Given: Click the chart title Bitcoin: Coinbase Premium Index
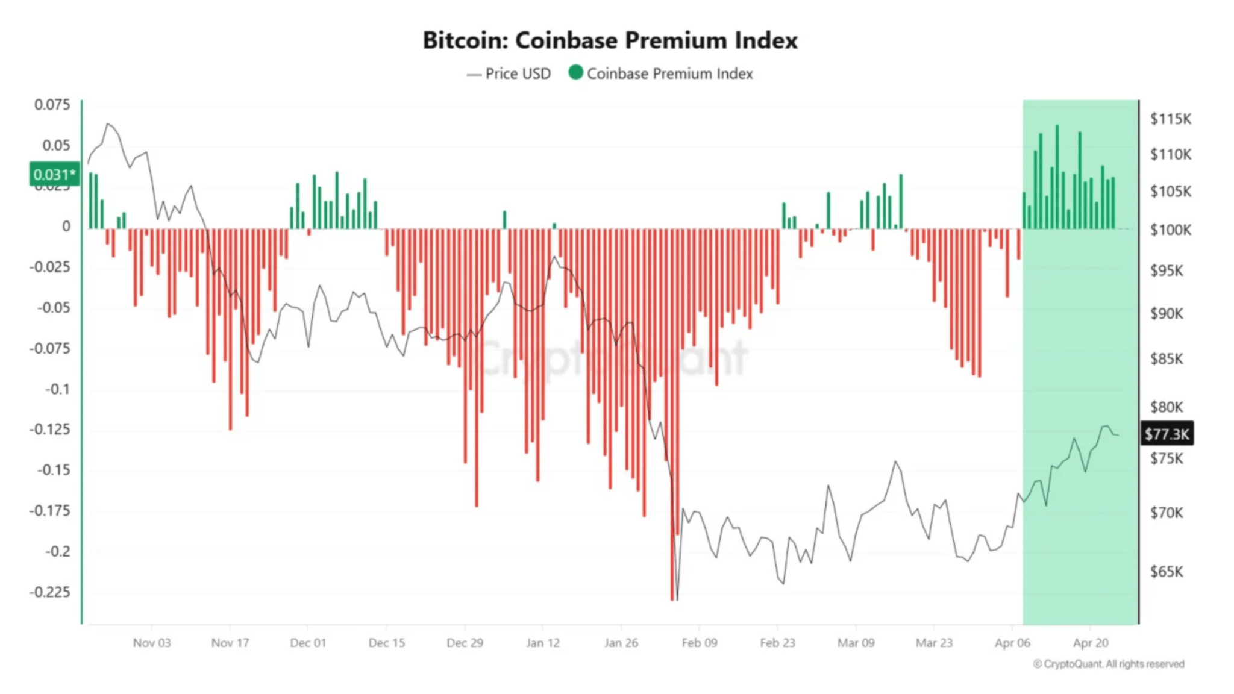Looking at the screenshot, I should [610, 40].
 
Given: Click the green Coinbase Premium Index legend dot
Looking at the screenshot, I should [576, 73].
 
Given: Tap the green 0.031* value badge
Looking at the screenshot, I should [54, 175].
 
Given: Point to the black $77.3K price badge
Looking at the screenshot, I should [1167, 434].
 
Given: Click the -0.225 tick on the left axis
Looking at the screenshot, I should [51, 592].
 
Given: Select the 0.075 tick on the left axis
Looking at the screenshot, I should [52, 105].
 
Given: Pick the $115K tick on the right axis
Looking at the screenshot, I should [1170, 119].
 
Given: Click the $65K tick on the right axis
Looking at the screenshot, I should [1167, 571].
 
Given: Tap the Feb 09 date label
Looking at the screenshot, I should [699, 643].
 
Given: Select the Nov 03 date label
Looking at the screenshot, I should [152, 643].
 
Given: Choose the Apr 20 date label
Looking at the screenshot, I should [1091, 643].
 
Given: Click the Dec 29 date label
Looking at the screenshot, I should [465, 643].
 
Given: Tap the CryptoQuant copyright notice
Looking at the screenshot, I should [1109, 664].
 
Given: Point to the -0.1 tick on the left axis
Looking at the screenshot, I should [58, 389].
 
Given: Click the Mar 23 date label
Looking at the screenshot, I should [934, 643].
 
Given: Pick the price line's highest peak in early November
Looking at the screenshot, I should [109, 124].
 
